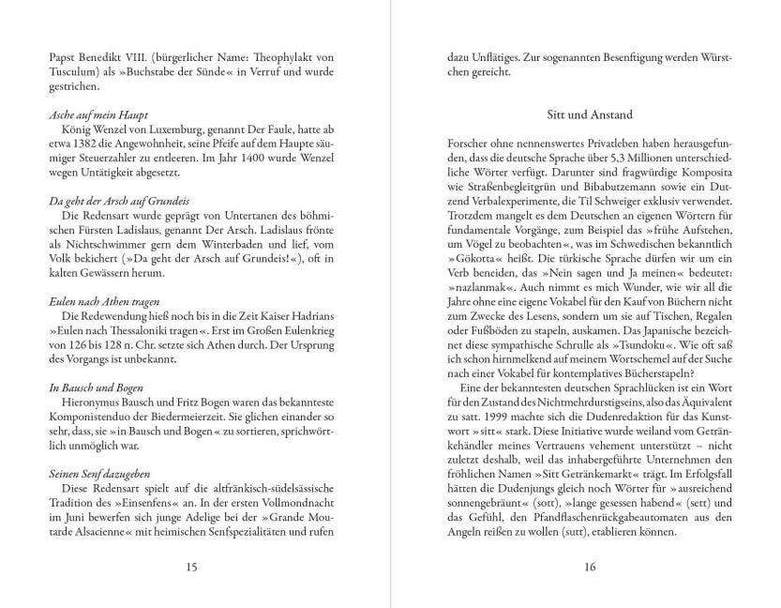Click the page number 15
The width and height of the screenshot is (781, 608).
tap(191, 566)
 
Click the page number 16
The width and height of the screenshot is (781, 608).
tap(590, 566)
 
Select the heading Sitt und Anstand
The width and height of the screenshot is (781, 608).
tap(590, 114)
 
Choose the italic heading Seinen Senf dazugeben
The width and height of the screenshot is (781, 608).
tap(98, 474)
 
